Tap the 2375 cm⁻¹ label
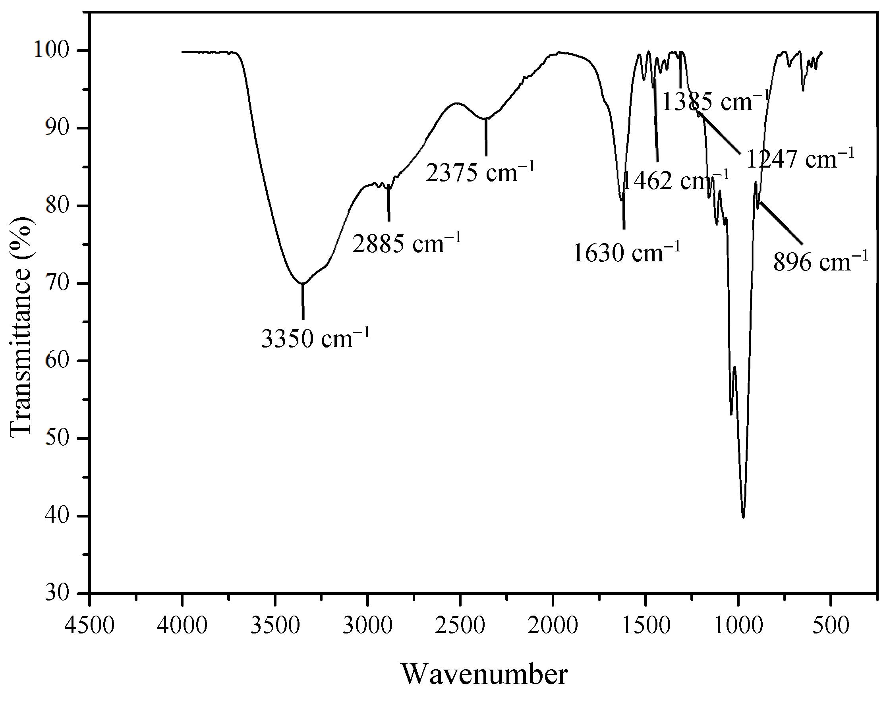click(480, 173)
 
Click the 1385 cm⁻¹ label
click(714, 102)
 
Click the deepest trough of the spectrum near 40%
click(743, 516)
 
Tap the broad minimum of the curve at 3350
click(302, 283)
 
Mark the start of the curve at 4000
click(183, 52)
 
